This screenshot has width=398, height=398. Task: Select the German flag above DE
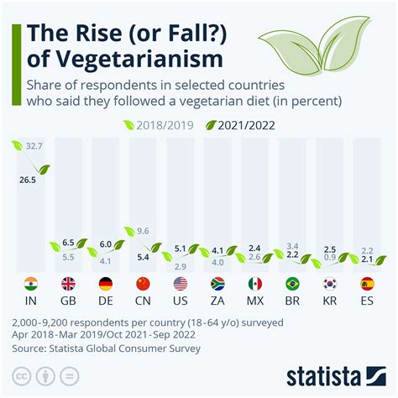click(x=105, y=284)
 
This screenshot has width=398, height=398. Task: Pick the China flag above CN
click(x=143, y=284)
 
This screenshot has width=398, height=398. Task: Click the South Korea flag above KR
click(x=330, y=284)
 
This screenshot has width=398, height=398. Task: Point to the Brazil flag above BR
click(x=292, y=284)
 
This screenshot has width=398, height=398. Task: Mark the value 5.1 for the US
click(x=180, y=248)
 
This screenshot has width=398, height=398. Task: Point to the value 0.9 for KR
click(x=330, y=258)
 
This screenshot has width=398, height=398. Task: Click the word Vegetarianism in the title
click(x=140, y=59)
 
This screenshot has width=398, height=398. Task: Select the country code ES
click(x=367, y=300)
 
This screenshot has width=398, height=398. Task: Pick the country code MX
click(x=255, y=300)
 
